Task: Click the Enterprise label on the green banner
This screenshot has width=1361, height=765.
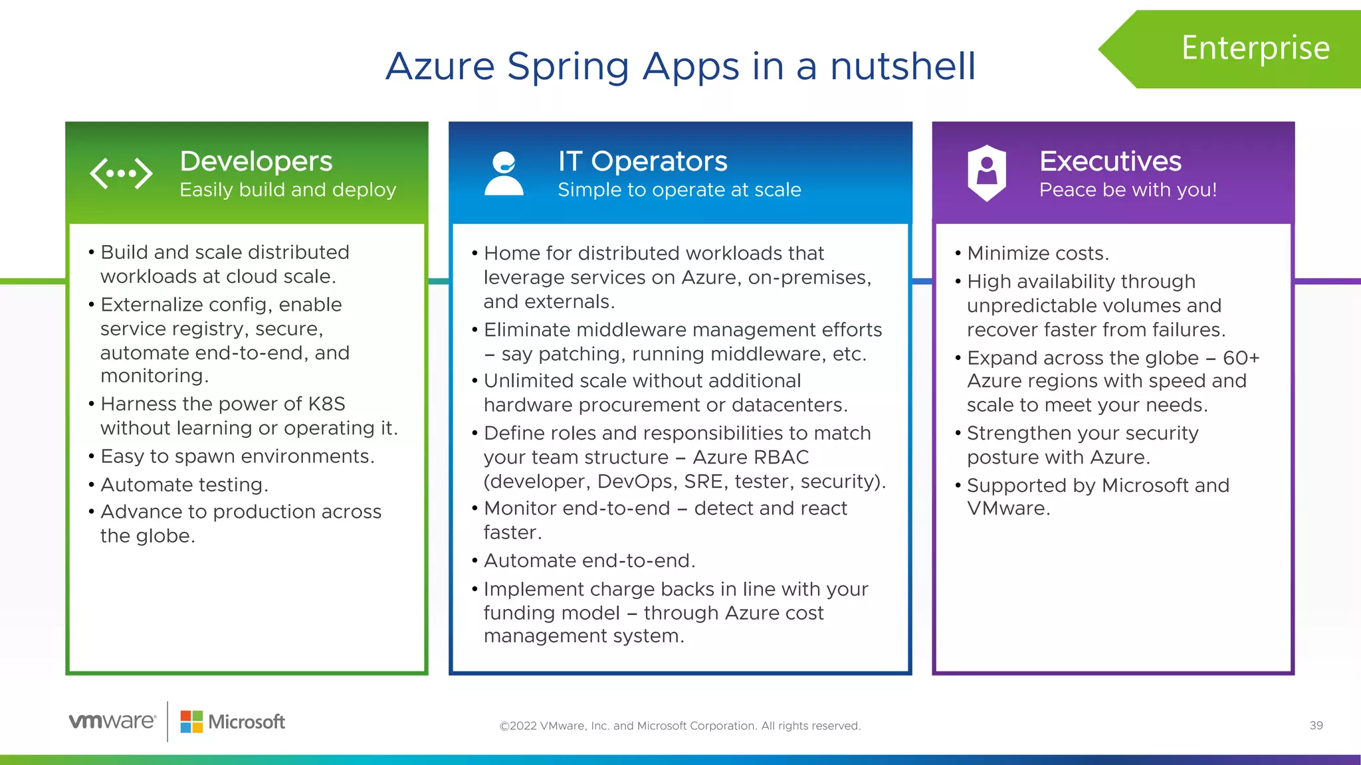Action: coord(1255,48)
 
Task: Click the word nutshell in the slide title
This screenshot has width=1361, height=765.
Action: coord(902,66)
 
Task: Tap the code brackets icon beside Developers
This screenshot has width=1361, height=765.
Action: coord(121,174)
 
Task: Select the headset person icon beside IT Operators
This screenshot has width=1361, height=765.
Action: coord(504,173)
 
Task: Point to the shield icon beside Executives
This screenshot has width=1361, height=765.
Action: coord(986,173)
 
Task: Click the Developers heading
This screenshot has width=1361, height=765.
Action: coord(256,161)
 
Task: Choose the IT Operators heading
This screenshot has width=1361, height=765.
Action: coord(643,161)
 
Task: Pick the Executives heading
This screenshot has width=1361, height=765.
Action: coord(1110,161)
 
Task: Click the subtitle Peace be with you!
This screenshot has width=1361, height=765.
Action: coord(1128,190)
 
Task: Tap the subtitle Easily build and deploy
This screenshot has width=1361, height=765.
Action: coord(288,190)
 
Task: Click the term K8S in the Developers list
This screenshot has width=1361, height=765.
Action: coord(326,404)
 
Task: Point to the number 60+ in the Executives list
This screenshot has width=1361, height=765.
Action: coord(1241,358)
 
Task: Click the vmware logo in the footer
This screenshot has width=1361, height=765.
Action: coord(112,721)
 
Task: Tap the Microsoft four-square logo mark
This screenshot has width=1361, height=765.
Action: coord(191,722)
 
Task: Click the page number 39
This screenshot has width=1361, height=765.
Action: coord(1316,726)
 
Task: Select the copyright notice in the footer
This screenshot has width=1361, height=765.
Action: coord(680,726)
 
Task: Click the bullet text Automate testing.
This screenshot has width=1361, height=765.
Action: coord(184,485)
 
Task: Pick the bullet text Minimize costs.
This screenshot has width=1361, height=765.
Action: coord(1037,254)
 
